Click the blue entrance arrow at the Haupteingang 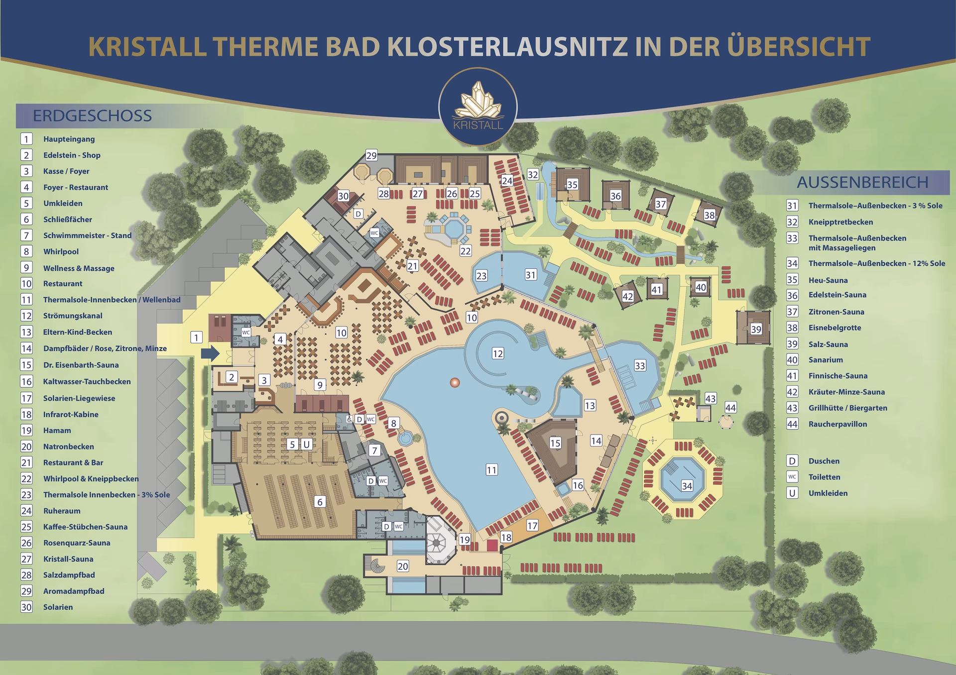211,354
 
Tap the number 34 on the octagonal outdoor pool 687,485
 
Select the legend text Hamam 57,431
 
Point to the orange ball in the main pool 455,382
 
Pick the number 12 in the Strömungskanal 498,353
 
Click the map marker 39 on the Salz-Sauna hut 756,329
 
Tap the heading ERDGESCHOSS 92,115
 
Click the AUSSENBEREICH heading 862,182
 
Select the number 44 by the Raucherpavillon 730,408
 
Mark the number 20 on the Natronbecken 402,566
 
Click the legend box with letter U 792,493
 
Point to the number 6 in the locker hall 320,502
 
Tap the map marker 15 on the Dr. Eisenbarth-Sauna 555,443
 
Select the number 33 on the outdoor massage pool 640,366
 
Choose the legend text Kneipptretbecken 840,222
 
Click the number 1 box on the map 197,337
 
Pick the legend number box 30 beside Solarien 26,607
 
